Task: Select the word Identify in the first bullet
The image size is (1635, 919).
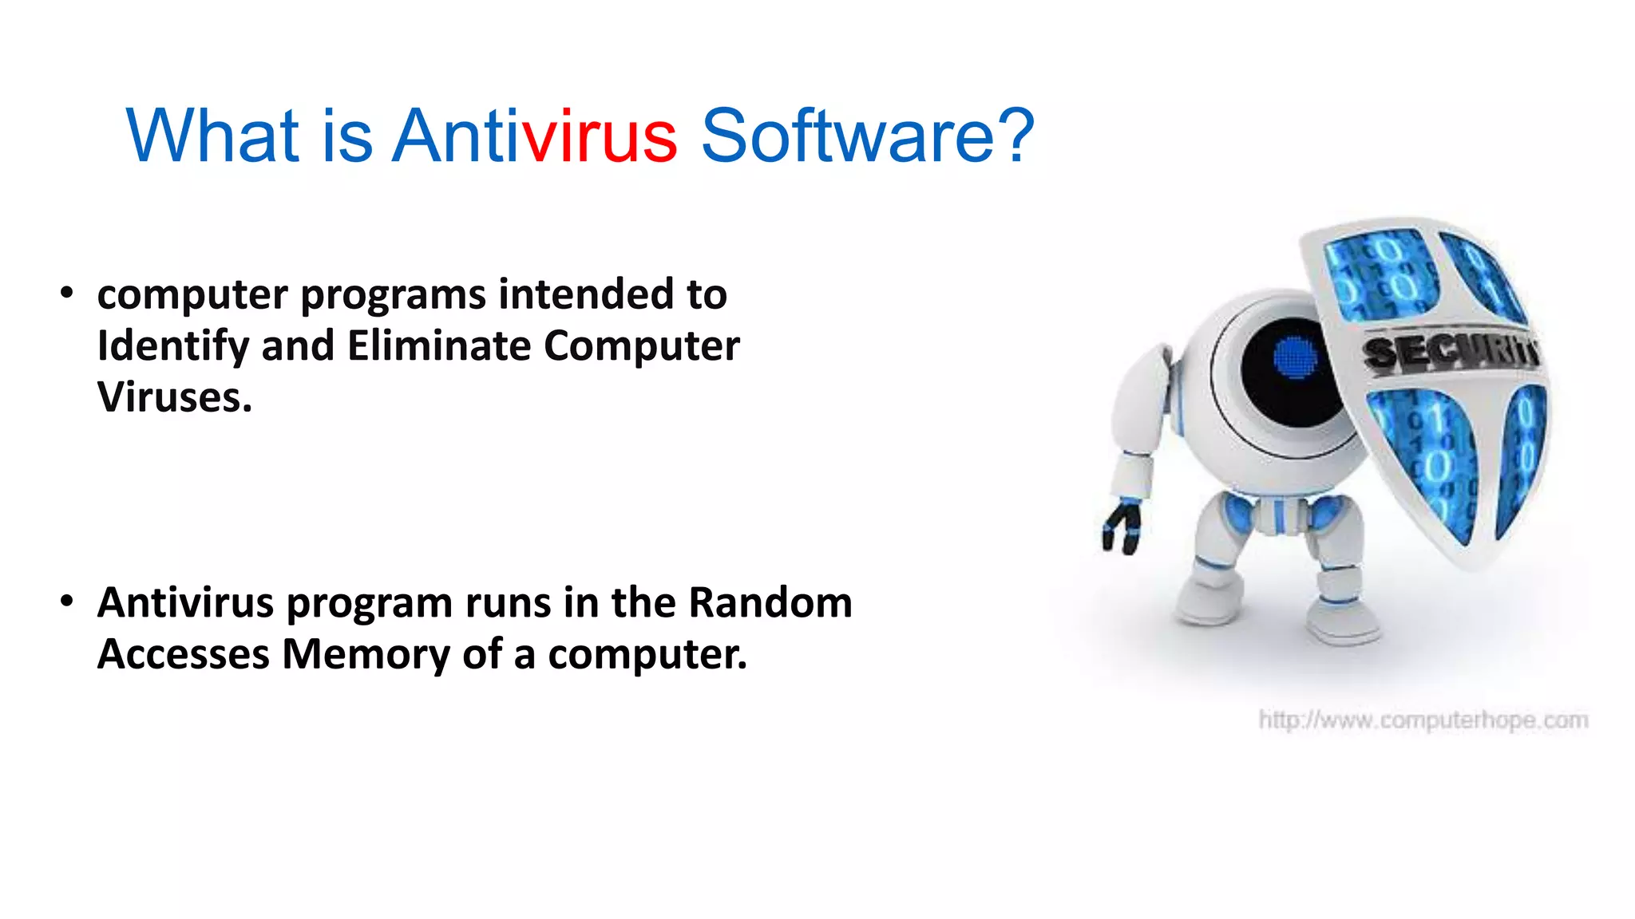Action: click(173, 346)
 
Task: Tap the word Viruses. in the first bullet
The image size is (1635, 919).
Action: click(175, 397)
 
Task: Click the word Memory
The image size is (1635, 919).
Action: click(366, 654)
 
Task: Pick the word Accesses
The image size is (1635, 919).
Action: click(184, 654)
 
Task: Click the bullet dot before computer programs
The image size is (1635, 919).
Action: click(67, 294)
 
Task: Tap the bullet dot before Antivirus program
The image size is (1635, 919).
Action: click(67, 601)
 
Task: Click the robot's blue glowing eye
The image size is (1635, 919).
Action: click(1295, 357)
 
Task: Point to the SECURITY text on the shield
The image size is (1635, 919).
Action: click(1449, 351)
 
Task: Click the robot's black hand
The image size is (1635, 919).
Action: click(1122, 528)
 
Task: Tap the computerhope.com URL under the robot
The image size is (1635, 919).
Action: click(1423, 720)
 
